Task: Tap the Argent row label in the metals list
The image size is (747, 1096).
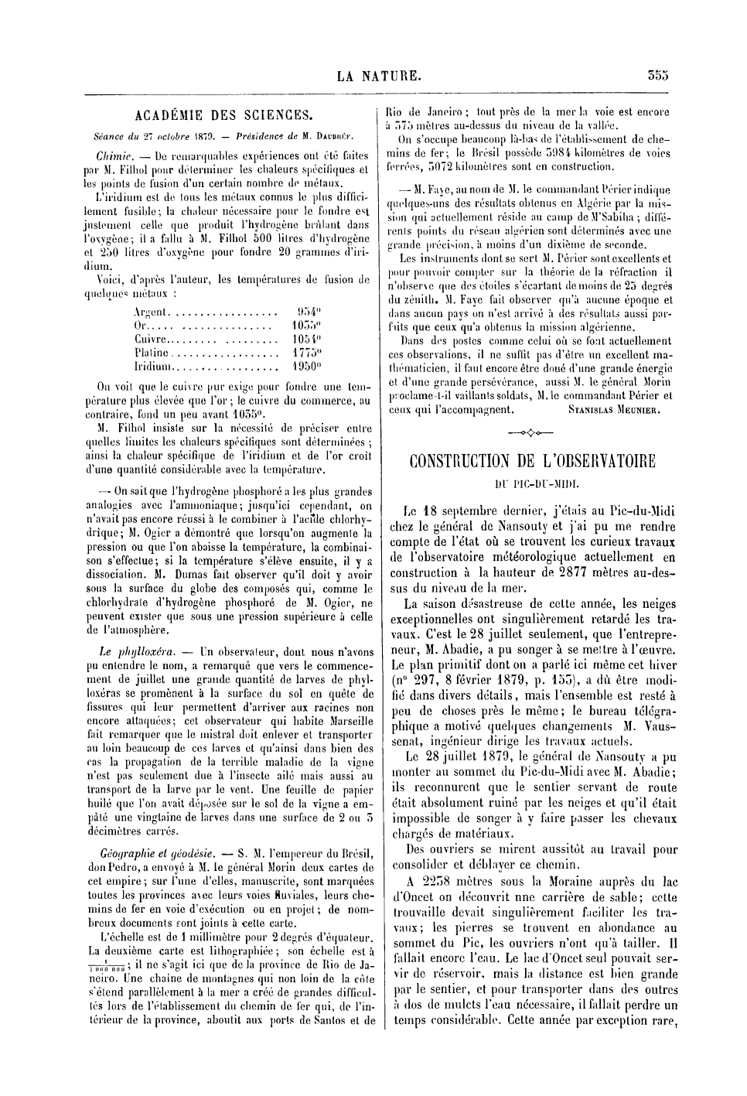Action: [x=150, y=312]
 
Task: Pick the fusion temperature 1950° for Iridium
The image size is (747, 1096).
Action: [x=309, y=367]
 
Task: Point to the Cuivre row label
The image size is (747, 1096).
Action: [x=149, y=340]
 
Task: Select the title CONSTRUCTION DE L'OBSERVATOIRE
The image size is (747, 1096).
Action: [x=531, y=462]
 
